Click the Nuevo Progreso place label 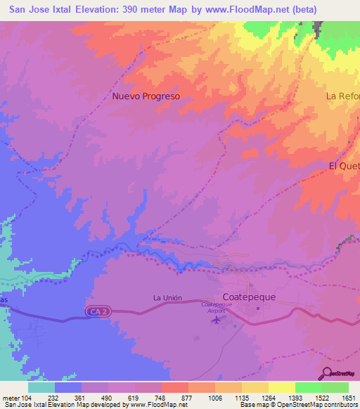146,96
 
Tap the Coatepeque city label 249,297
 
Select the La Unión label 168,298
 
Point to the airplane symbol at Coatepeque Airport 215,320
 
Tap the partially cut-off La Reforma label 343,96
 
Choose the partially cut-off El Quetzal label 345,166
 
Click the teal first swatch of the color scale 41,387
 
